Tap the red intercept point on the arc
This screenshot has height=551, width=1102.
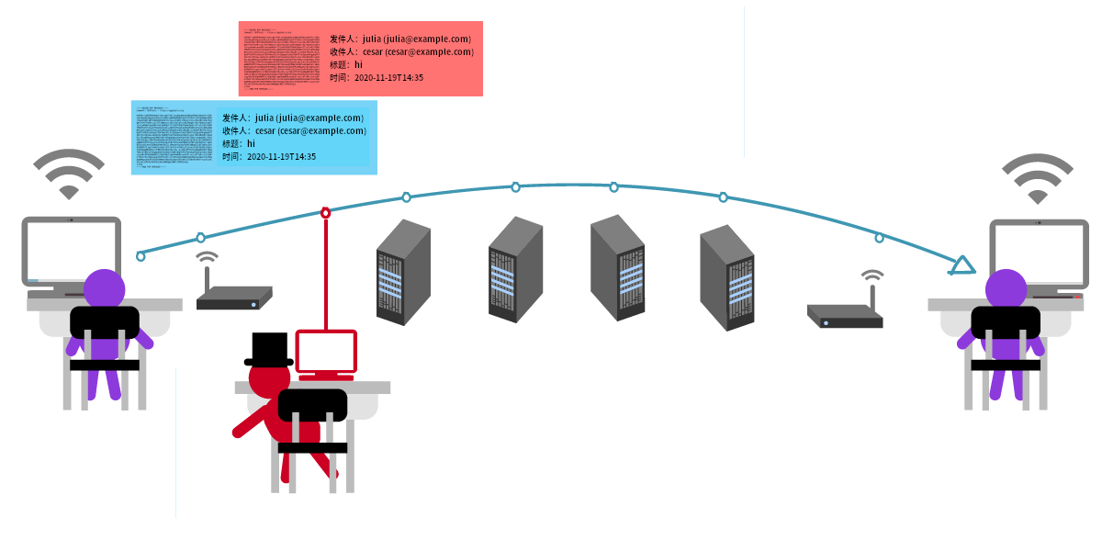[x=325, y=212]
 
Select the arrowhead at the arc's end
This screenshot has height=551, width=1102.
[x=961, y=266]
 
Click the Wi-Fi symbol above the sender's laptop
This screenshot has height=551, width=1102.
[x=69, y=174]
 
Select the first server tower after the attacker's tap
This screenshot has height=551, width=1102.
[x=403, y=273]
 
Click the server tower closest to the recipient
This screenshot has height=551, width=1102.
[x=726, y=277]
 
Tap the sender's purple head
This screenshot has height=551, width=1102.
[x=105, y=288]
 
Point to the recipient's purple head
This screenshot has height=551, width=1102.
[x=1006, y=288]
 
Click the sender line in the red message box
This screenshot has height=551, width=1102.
[x=400, y=39]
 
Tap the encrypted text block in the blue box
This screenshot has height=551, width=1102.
[x=172, y=138]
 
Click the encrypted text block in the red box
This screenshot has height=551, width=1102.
[x=279, y=59]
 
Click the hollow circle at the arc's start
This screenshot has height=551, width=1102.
[x=141, y=256]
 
